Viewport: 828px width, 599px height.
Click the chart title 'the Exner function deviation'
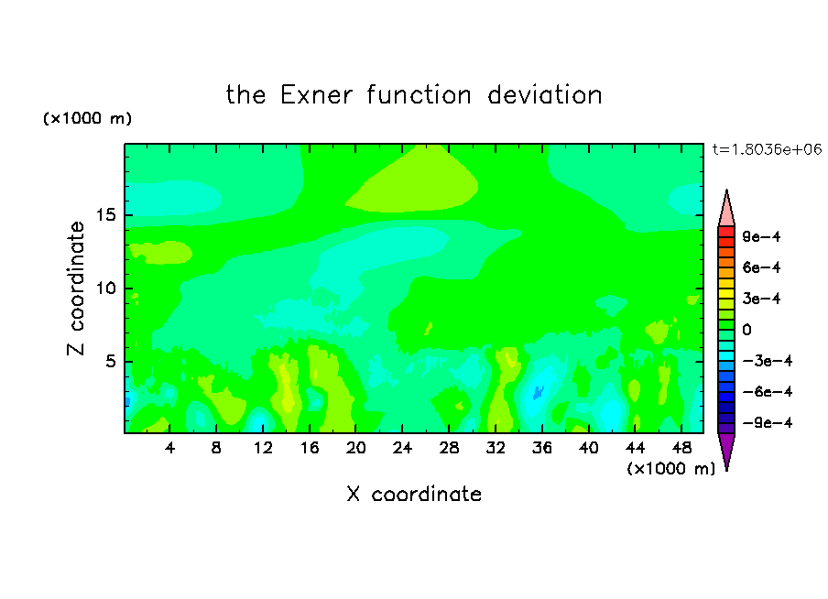pos(414,95)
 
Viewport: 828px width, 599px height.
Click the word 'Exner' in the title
pos(316,95)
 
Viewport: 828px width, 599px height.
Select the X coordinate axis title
pos(414,494)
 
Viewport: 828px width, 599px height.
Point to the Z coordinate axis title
pos(76,288)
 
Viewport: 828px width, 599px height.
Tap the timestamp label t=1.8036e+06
pos(767,149)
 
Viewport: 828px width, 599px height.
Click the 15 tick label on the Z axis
pos(106,215)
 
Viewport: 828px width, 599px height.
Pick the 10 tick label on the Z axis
pos(106,289)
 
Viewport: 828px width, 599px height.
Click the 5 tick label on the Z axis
pos(111,361)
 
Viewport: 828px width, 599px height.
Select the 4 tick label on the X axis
pos(169,448)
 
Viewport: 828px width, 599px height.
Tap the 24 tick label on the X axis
pos(402,448)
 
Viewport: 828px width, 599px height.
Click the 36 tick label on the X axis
pos(542,448)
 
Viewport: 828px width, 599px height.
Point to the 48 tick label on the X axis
pos(681,448)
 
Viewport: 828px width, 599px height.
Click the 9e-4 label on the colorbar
pos(761,236)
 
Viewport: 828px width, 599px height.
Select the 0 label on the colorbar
pos(746,330)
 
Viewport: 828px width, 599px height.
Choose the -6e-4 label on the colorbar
pos(768,392)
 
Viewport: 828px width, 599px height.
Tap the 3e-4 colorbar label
pos(761,299)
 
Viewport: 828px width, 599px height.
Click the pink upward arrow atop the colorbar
pos(726,209)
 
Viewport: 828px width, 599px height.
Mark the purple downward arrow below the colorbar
pos(726,451)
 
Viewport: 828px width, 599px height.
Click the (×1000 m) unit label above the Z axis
pos(87,118)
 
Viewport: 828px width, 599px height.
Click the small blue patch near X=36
pos(538,393)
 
